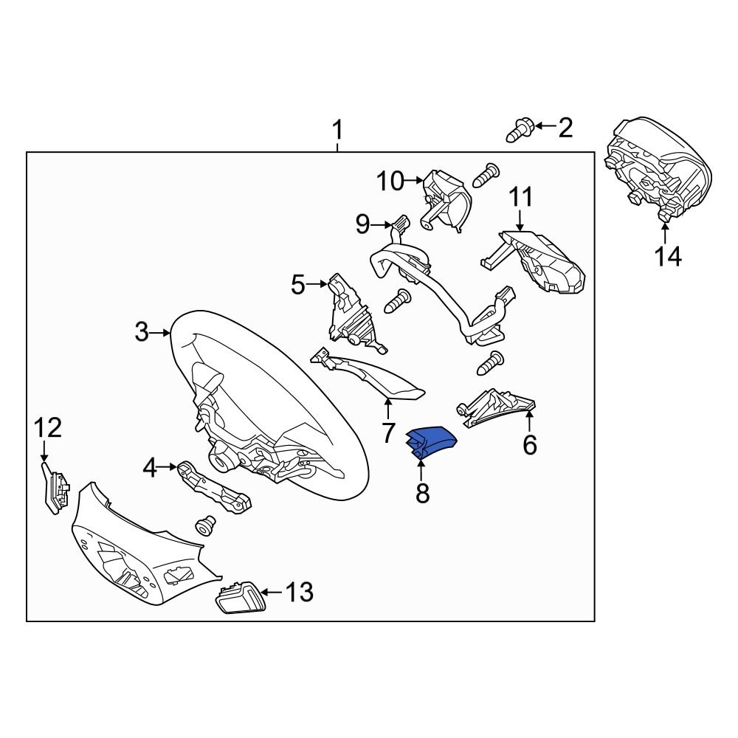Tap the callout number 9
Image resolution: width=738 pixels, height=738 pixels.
tap(362, 224)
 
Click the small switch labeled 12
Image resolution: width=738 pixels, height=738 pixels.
tap(54, 488)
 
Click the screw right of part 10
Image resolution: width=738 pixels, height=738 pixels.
tap(486, 174)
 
